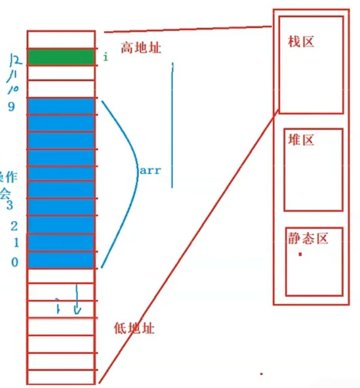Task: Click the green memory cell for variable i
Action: pyautogui.click(x=61, y=57)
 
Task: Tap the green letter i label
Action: pyautogui.click(x=105, y=57)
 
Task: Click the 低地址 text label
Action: pyautogui.click(x=134, y=328)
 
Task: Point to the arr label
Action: pyautogui.click(x=150, y=170)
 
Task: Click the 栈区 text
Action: pyautogui.click(x=301, y=42)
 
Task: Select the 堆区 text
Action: pyautogui.click(x=301, y=140)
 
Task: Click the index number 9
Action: pyautogui.click(x=12, y=107)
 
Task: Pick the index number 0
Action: pyautogui.click(x=14, y=262)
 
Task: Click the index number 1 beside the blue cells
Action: pyautogui.click(x=16, y=243)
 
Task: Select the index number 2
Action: pyautogui.click(x=14, y=226)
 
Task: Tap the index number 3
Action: pyautogui.click(x=9, y=205)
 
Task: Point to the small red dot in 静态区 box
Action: pyautogui.click(x=300, y=254)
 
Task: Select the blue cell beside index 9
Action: pyautogui.click(x=61, y=107)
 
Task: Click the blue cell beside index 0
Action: pyautogui.click(x=61, y=260)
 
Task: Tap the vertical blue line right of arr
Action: pyautogui.click(x=172, y=125)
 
